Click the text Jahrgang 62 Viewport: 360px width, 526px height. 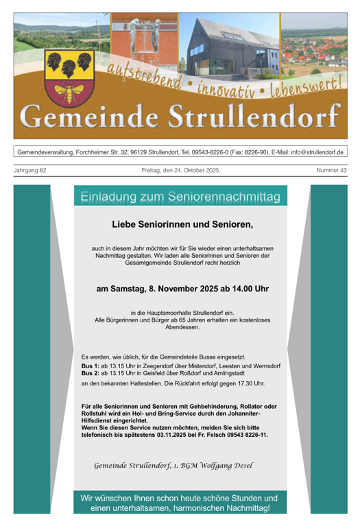coord(30,170)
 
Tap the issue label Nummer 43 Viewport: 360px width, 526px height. coord(331,170)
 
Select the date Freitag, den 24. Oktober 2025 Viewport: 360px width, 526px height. coord(180,170)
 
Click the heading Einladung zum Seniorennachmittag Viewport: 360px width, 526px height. coord(180,197)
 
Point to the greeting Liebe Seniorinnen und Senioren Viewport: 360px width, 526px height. coord(182,224)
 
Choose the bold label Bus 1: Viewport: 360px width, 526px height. coord(90,366)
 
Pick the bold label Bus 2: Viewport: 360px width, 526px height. coord(90,374)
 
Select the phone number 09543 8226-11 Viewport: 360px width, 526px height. coord(244,435)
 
